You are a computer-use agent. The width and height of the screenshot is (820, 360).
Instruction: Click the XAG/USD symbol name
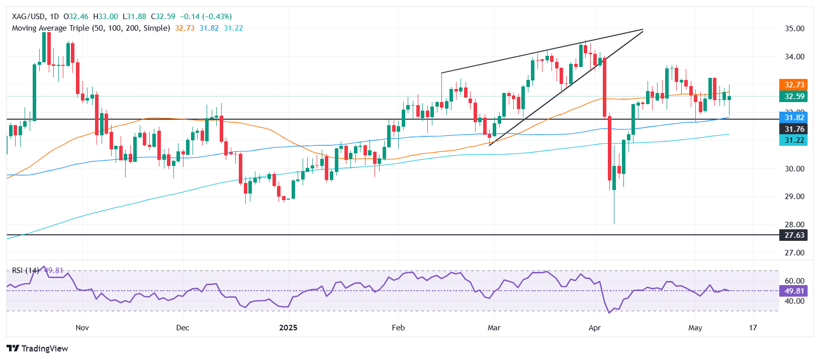[28, 17]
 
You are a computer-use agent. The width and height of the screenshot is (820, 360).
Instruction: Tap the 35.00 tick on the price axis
[794, 29]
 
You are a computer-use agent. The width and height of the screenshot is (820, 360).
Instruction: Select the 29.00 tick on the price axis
[794, 197]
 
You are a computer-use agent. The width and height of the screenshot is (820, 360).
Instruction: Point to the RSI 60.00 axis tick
[794, 281]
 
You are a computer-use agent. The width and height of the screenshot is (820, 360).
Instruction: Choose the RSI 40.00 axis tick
[794, 301]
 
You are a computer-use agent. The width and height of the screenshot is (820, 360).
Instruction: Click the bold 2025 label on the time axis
[288, 328]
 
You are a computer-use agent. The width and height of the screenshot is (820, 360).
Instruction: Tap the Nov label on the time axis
[82, 328]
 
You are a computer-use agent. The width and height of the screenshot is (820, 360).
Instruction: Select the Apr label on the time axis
[595, 328]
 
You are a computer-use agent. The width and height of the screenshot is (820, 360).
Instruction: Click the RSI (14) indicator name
[25, 271]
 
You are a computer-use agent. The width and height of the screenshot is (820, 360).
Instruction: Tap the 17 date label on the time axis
[753, 328]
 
